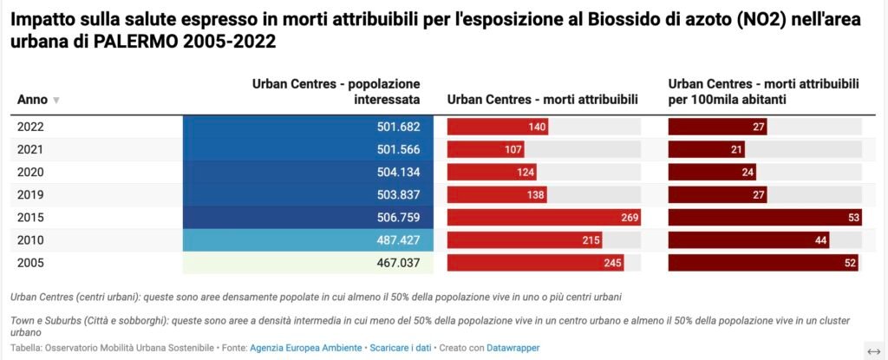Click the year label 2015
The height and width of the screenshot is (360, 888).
31,217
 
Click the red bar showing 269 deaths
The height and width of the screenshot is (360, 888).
544,217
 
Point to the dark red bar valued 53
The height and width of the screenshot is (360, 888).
764,217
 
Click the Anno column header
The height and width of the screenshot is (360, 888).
32,100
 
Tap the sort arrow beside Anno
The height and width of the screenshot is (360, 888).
56,101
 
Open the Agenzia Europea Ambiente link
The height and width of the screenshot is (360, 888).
306,348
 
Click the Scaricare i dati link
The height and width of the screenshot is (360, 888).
400,348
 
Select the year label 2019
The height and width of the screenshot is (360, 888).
31,194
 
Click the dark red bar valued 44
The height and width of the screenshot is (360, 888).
748,239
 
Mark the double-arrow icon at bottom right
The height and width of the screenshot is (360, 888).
873,350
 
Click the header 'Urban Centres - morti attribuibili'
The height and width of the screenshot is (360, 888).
542,100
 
